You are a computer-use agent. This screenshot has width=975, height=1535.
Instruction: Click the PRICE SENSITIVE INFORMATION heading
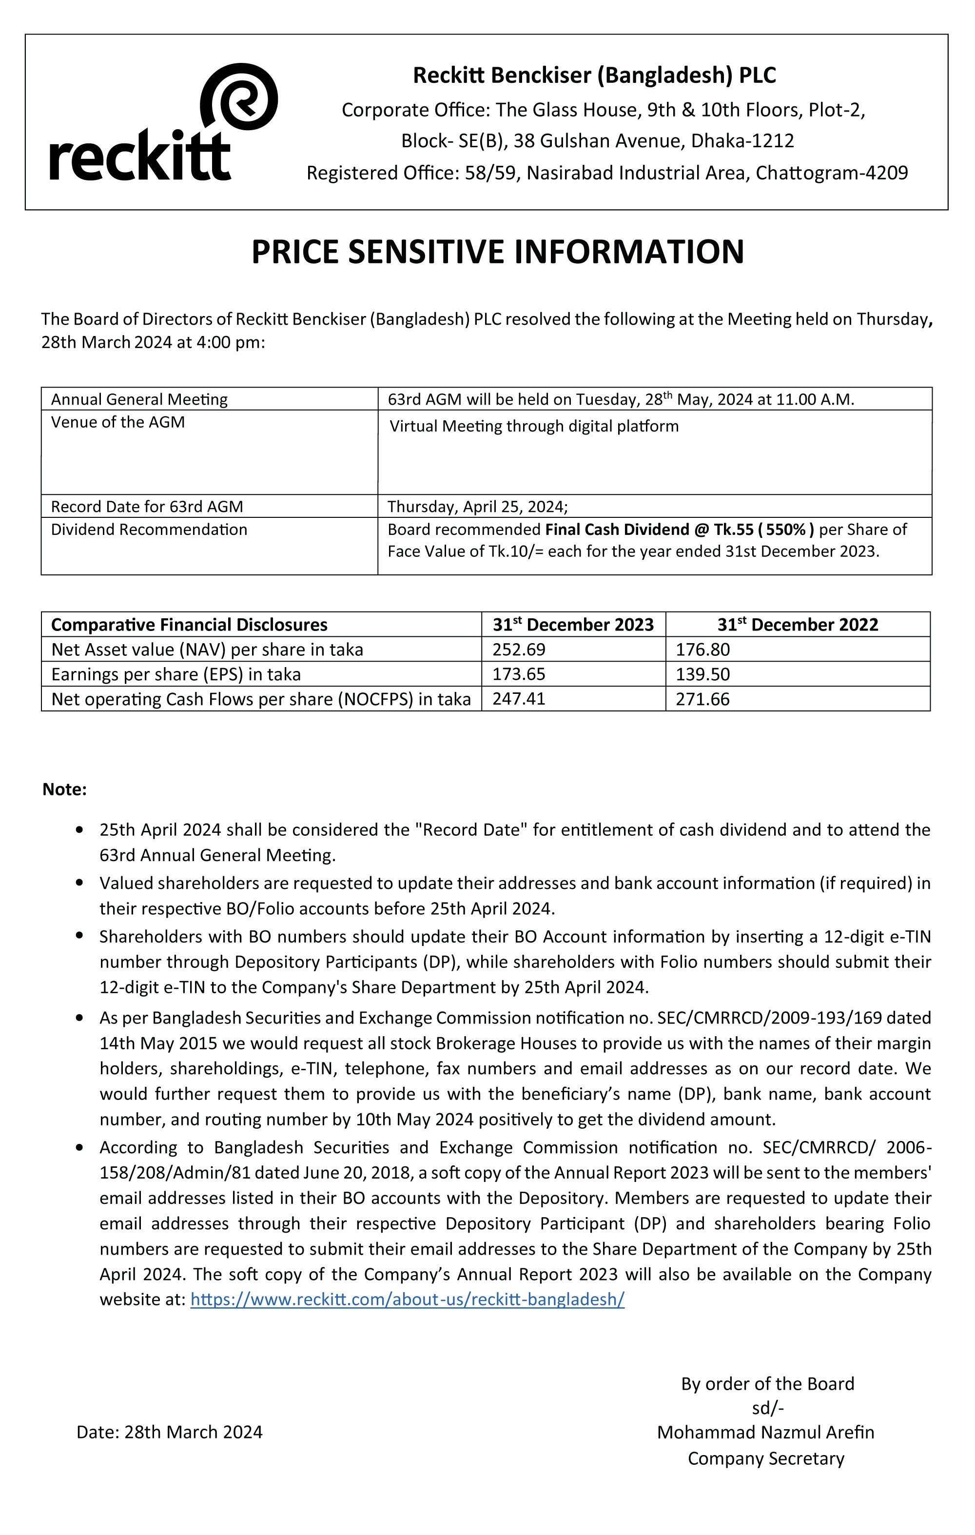click(x=498, y=251)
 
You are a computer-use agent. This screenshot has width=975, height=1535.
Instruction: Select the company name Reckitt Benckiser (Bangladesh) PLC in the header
click(x=594, y=75)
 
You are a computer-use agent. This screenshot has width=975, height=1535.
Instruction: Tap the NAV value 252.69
click(x=519, y=649)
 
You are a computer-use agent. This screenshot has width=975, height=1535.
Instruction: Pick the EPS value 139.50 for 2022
click(x=702, y=674)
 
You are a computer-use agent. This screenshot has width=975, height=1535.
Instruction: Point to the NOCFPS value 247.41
click(x=519, y=699)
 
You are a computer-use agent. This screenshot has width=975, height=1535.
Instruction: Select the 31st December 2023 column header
click(x=573, y=625)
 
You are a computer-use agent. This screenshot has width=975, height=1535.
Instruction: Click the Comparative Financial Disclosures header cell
click(x=189, y=625)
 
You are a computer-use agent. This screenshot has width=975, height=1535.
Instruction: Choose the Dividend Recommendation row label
click(x=149, y=530)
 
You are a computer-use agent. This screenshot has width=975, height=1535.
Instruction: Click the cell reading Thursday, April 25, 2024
click(x=477, y=507)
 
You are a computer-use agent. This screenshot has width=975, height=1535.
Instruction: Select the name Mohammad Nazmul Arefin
click(x=765, y=1433)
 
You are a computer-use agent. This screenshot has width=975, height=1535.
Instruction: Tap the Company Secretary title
click(x=765, y=1458)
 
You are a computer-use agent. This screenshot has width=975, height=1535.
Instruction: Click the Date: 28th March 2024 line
click(x=170, y=1433)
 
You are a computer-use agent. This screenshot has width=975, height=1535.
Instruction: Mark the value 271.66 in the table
click(x=702, y=699)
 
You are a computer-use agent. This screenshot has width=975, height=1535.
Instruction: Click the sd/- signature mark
click(x=767, y=1408)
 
